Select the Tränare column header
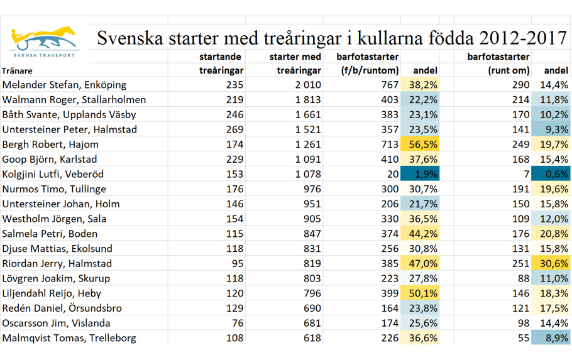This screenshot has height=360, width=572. click(x=17, y=70)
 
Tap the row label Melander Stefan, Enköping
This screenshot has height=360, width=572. click(x=65, y=85)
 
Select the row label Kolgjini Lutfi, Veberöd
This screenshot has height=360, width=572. click(x=53, y=174)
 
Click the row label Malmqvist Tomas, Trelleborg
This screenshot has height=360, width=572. click(x=69, y=338)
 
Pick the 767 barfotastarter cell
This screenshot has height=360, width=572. click(x=387, y=85)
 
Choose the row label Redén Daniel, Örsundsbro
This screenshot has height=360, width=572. click(x=62, y=308)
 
